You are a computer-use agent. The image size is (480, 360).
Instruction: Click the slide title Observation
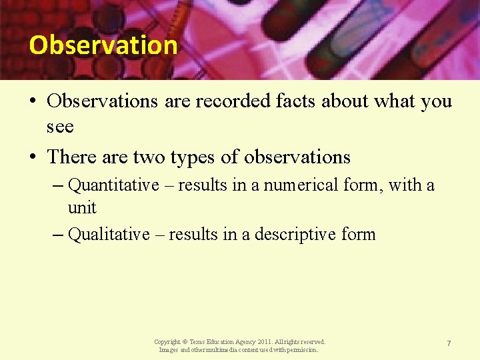tap(103, 45)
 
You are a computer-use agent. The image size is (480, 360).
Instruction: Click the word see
tap(60, 125)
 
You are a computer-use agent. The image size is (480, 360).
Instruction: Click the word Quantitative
tap(113, 184)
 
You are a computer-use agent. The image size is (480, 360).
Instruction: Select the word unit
tap(82, 208)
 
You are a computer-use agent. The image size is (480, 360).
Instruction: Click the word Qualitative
tap(109, 235)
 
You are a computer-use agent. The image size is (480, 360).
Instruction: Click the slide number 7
tap(449, 343)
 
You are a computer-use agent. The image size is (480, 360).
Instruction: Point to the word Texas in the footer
tap(199, 341)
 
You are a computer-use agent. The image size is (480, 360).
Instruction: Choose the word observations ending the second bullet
tap(297, 157)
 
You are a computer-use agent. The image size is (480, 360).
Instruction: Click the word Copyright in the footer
tap(167, 341)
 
